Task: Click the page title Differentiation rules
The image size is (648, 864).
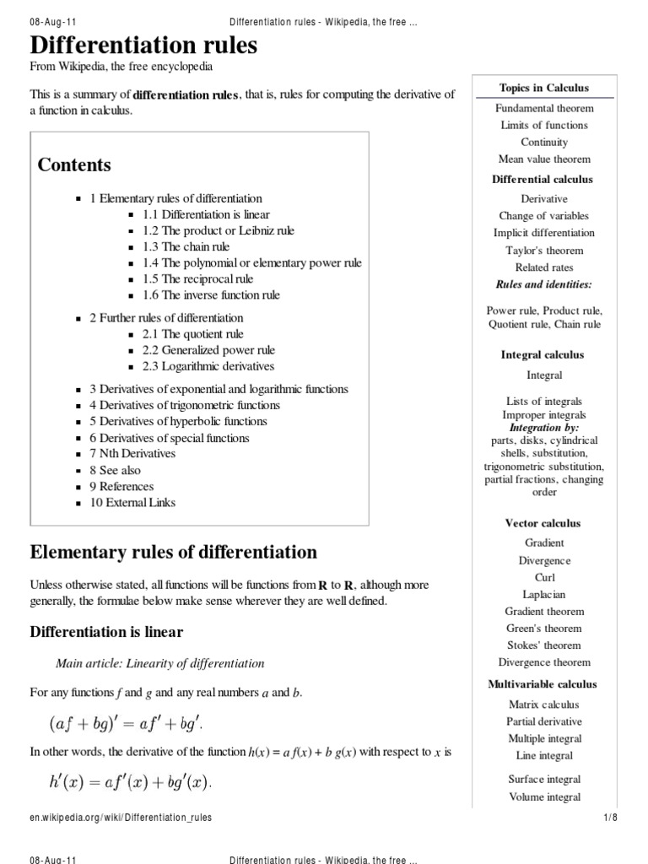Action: tap(143, 46)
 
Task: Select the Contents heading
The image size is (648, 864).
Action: tap(74, 165)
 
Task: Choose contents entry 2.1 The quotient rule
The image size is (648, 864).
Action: tap(192, 334)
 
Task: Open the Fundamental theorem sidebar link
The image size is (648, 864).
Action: tap(544, 108)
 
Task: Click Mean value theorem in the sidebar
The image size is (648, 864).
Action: tap(544, 159)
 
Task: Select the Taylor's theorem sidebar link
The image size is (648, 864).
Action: tap(544, 251)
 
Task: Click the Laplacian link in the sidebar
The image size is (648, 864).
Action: tap(544, 595)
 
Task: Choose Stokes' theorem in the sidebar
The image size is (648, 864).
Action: tap(544, 645)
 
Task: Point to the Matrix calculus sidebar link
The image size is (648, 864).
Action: tap(544, 705)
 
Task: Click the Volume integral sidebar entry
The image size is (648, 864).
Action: tap(544, 796)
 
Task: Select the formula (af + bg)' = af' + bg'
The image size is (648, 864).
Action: tap(126, 723)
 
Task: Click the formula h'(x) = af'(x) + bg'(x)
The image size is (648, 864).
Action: tap(131, 783)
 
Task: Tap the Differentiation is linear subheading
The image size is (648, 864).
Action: tap(106, 632)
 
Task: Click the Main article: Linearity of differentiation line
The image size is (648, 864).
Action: tap(159, 664)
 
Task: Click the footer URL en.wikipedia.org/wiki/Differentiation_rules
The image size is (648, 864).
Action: tap(121, 818)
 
